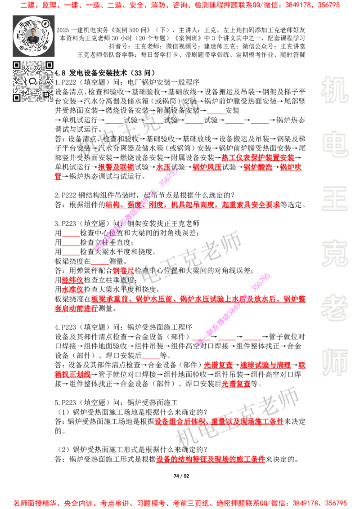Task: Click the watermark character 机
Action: coord(334,89)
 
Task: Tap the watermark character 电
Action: coord(336,143)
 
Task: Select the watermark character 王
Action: coord(334,199)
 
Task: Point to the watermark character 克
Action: coord(334,253)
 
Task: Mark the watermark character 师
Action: coord(334,363)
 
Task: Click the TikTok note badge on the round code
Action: coord(45,22)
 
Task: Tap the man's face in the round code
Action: coord(33,33)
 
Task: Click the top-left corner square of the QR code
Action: coord(17,65)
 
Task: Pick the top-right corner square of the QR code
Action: coord(49,65)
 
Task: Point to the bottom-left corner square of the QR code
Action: coord(17,98)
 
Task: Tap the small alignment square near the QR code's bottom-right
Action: coord(45,94)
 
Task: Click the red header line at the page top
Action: coord(180,6)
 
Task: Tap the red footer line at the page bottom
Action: coord(180,503)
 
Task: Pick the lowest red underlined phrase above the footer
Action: coord(211,459)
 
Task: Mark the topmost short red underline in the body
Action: coord(216,114)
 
